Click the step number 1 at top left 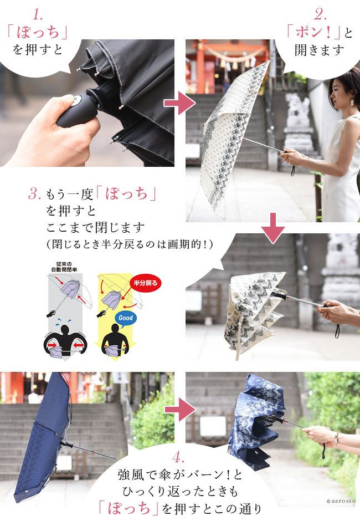click(38, 14)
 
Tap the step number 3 click(34, 193)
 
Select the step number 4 click(178, 458)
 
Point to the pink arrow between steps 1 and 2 click(179, 103)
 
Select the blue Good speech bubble click(126, 318)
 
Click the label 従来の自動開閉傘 click(64, 267)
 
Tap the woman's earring click(352, 101)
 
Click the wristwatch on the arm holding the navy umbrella click(337, 438)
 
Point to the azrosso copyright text click(341, 501)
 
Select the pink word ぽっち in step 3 click(126, 194)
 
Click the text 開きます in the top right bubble click(320, 50)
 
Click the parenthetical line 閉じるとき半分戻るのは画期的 click(130, 244)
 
